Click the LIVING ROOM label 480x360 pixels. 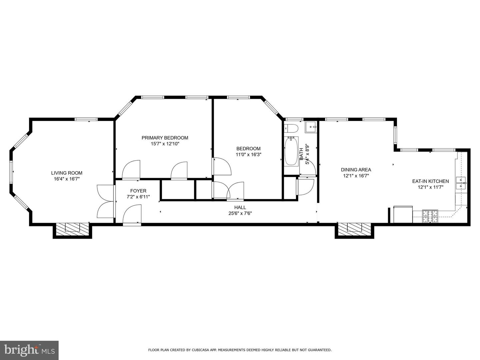coord(67,173)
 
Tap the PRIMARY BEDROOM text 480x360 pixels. coord(165,138)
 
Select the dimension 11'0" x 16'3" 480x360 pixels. coord(248,155)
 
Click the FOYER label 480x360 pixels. coord(138,191)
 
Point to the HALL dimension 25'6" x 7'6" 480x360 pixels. coord(240,213)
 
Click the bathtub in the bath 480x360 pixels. coord(291,152)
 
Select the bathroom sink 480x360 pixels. coord(311,127)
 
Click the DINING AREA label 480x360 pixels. coord(356,170)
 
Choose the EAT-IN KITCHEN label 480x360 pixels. coord(430,181)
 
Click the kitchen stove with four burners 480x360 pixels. coord(430,216)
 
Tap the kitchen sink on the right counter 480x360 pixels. coord(461,183)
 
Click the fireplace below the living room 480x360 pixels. coord(72,228)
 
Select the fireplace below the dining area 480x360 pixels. coord(355,228)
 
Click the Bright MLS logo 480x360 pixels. coord(29,350)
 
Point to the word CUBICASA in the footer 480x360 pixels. coord(198,350)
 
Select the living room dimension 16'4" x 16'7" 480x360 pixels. coord(67,179)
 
